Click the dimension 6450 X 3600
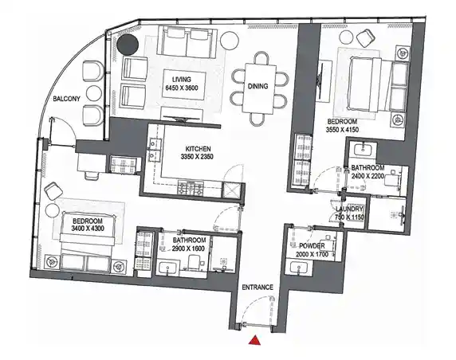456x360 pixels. (179, 88)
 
